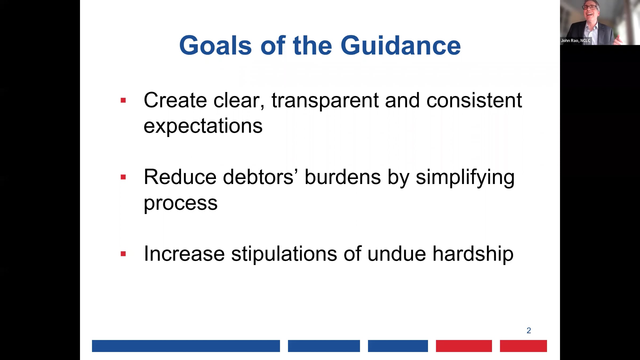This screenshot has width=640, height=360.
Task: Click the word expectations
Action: (x=203, y=126)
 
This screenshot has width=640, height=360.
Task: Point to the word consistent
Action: (x=474, y=101)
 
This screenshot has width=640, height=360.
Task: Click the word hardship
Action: (x=473, y=254)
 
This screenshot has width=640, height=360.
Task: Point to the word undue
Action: (x=397, y=254)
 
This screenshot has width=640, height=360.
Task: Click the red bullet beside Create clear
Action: (x=123, y=100)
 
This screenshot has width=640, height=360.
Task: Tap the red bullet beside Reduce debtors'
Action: (x=123, y=177)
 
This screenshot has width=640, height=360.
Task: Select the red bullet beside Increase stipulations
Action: (x=123, y=254)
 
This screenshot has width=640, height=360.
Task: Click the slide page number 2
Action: (x=529, y=331)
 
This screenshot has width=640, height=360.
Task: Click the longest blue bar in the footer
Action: (x=186, y=346)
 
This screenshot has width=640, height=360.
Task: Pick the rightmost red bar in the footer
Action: (x=523, y=346)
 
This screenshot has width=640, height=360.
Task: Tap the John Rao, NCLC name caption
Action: (x=575, y=41)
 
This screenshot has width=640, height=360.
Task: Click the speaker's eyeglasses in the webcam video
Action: (x=590, y=7)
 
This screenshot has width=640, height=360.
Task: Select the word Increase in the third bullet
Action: (x=184, y=254)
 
